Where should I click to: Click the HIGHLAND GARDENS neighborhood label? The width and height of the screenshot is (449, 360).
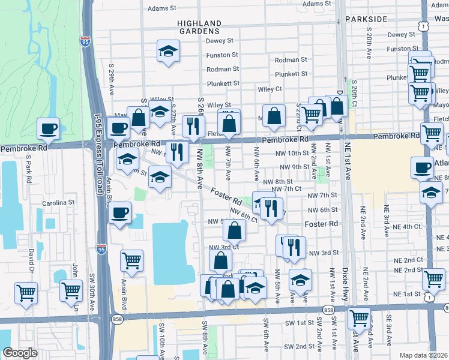pyautogui.click(x=199, y=27)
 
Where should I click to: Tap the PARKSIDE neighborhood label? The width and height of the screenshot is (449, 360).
pyautogui.click(x=366, y=19)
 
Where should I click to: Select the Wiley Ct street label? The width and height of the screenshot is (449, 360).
pyautogui.click(x=270, y=89)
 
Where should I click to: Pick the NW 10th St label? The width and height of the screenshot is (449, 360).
pyautogui.click(x=292, y=154)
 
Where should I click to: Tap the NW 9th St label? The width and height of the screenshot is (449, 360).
pyautogui.click(x=292, y=167)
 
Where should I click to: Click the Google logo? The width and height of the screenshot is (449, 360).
pyautogui.click(x=19, y=353)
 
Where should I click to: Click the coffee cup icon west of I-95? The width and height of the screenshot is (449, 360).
pyautogui.click(x=48, y=128)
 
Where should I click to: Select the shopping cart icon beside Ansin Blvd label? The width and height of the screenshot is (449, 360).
pyautogui.click(x=131, y=260)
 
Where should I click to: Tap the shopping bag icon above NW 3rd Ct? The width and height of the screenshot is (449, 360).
pyautogui.click(x=234, y=229)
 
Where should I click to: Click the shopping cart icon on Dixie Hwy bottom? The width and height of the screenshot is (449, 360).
pyautogui.click(x=359, y=316)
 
